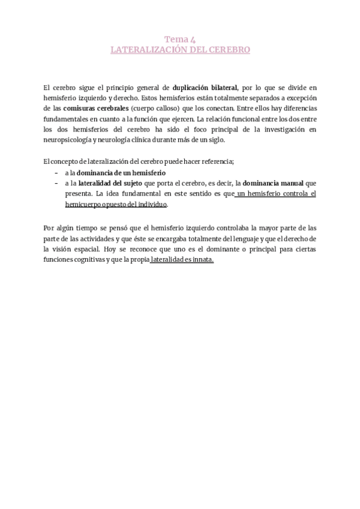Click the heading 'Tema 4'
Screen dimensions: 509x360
click(x=180, y=39)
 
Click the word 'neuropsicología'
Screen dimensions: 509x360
click(x=71, y=140)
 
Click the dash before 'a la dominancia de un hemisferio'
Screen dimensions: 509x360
click(x=56, y=173)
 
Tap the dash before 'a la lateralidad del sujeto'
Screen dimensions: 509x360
click(x=56, y=183)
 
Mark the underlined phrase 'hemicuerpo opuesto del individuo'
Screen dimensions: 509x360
click(x=116, y=205)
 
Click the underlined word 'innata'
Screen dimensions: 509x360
click(x=204, y=260)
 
